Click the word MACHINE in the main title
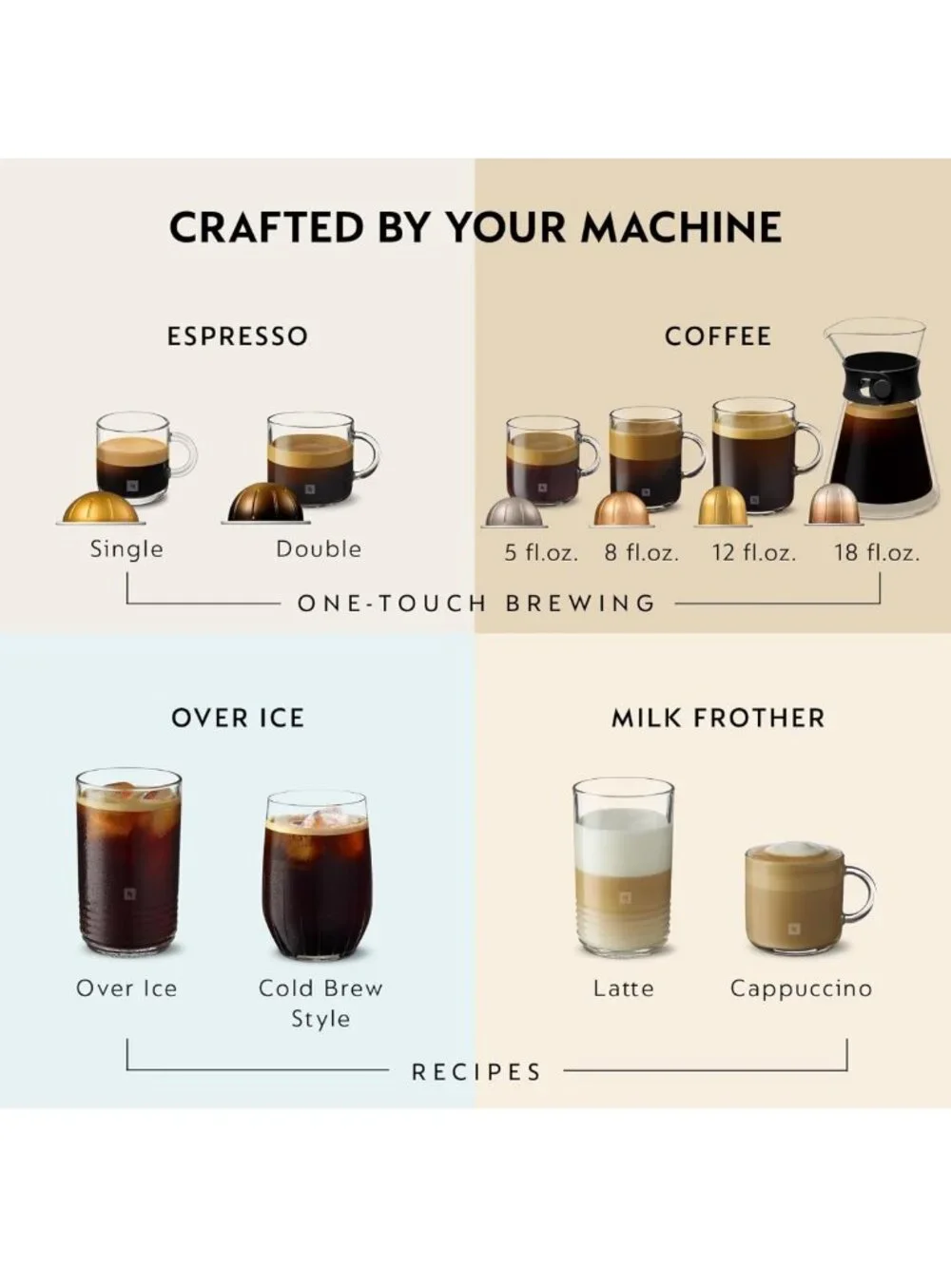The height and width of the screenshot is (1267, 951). pos(681,227)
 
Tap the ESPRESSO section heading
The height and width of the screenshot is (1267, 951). pos(238,336)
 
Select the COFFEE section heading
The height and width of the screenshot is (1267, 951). pos(718,336)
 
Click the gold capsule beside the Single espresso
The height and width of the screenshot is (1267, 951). pos(101,508)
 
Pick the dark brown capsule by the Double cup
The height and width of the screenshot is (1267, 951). pos(266,502)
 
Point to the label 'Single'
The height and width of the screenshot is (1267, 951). pos(126,549)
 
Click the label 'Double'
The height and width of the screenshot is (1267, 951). pos(319,549)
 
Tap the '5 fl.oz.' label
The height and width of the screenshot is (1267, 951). pos(541,553)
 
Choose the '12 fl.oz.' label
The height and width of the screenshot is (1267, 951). pos(753,553)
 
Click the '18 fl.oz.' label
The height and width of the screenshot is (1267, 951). pos(877,553)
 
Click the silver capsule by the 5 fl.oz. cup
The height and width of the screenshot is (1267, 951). pos(514,512)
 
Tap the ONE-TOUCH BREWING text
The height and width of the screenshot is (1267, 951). pos(477,604)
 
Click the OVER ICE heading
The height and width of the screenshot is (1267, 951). pos(238,718)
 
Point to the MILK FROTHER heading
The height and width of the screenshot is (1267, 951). pos(718,718)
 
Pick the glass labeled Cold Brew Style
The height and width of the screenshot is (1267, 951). pos(317,874)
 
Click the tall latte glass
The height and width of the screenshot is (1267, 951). pos(623,864)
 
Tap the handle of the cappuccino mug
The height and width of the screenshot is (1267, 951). pos(863,894)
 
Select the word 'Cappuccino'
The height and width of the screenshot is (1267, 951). pos(802,989)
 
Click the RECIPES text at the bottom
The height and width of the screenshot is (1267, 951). pos(477,1072)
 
